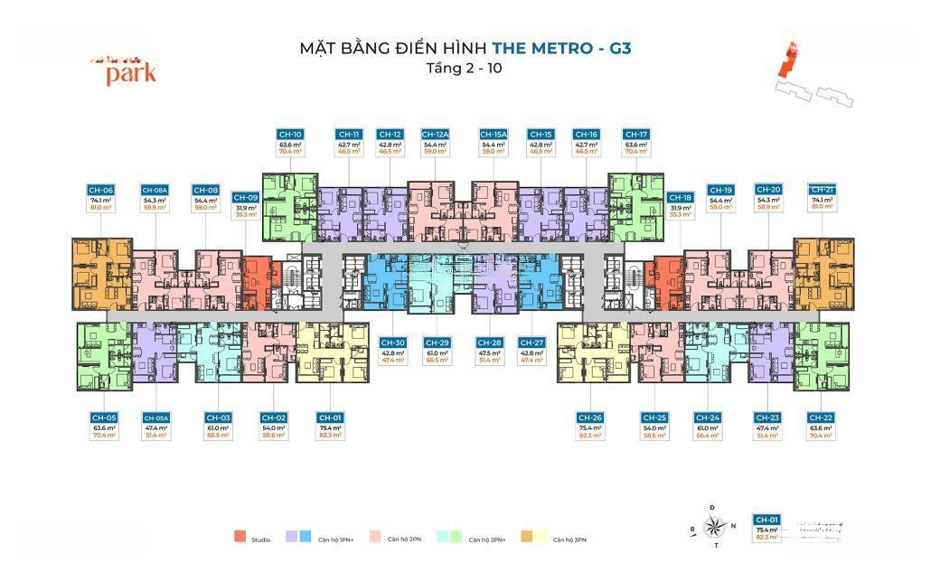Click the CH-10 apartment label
tap(290, 134)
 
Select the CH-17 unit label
tap(636, 134)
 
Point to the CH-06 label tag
tap(100, 190)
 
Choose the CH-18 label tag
tap(680, 197)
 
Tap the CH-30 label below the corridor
tap(392, 343)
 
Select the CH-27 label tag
tap(531, 343)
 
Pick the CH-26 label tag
tap(589, 418)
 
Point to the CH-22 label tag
tap(821, 418)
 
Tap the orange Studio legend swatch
tap(240, 539)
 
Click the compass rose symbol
tap(714, 525)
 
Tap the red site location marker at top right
tap(789, 59)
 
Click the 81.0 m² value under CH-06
tap(100, 208)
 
